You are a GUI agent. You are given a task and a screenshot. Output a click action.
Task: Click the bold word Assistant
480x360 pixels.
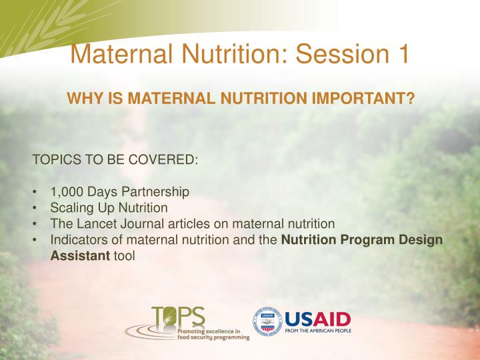click(x=81, y=255)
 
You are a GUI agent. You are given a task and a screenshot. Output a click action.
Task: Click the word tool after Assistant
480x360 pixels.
click(x=124, y=255)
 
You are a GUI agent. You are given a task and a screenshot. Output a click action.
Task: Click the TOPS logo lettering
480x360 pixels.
click(x=179, y=317)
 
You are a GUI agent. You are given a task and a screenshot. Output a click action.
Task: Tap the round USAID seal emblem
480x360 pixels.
click(x=267, y=321)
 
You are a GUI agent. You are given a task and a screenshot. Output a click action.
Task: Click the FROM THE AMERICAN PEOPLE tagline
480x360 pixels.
click(x=318, y=330)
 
